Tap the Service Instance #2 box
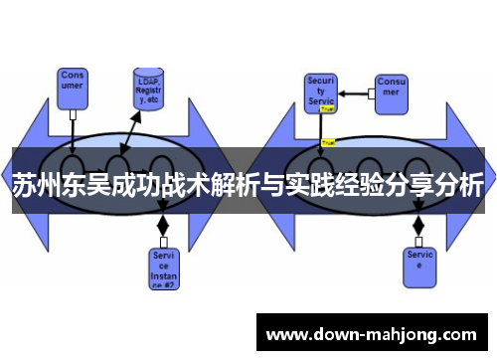tap(162, 266)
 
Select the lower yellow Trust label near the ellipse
tap(329, 143)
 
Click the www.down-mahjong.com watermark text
tap(373, 333)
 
